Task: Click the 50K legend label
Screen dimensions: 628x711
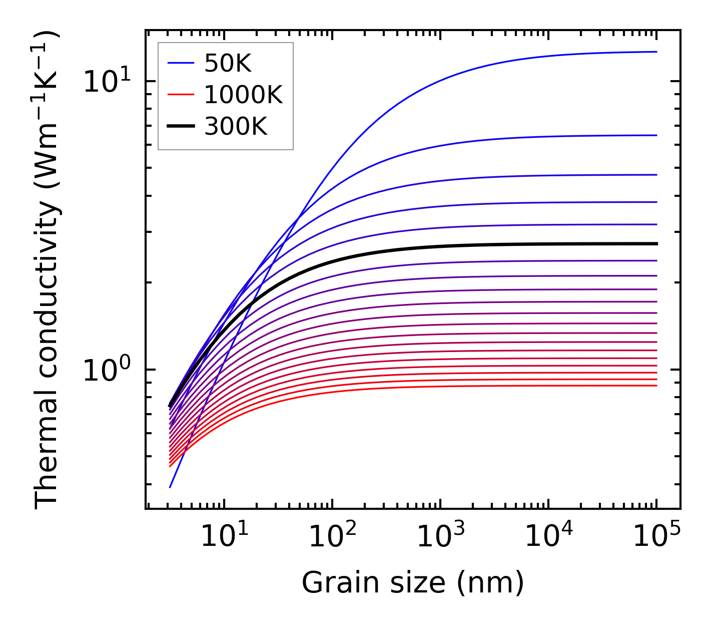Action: point(228,63)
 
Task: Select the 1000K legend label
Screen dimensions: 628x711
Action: point(243,95)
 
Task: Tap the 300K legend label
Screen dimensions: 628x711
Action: point(236,127)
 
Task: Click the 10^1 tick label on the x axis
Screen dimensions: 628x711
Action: point(224,537)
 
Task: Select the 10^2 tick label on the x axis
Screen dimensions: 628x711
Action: point(332,537)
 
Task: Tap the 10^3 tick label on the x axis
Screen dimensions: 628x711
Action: point(440,537)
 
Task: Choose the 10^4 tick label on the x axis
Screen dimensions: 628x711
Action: point(548,537)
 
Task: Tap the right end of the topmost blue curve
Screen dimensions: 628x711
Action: point(656,52)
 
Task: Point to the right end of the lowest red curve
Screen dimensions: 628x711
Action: point(656,385)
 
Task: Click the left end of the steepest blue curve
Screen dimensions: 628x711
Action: point(170,487)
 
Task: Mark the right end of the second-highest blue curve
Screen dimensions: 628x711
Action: point(656,135)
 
